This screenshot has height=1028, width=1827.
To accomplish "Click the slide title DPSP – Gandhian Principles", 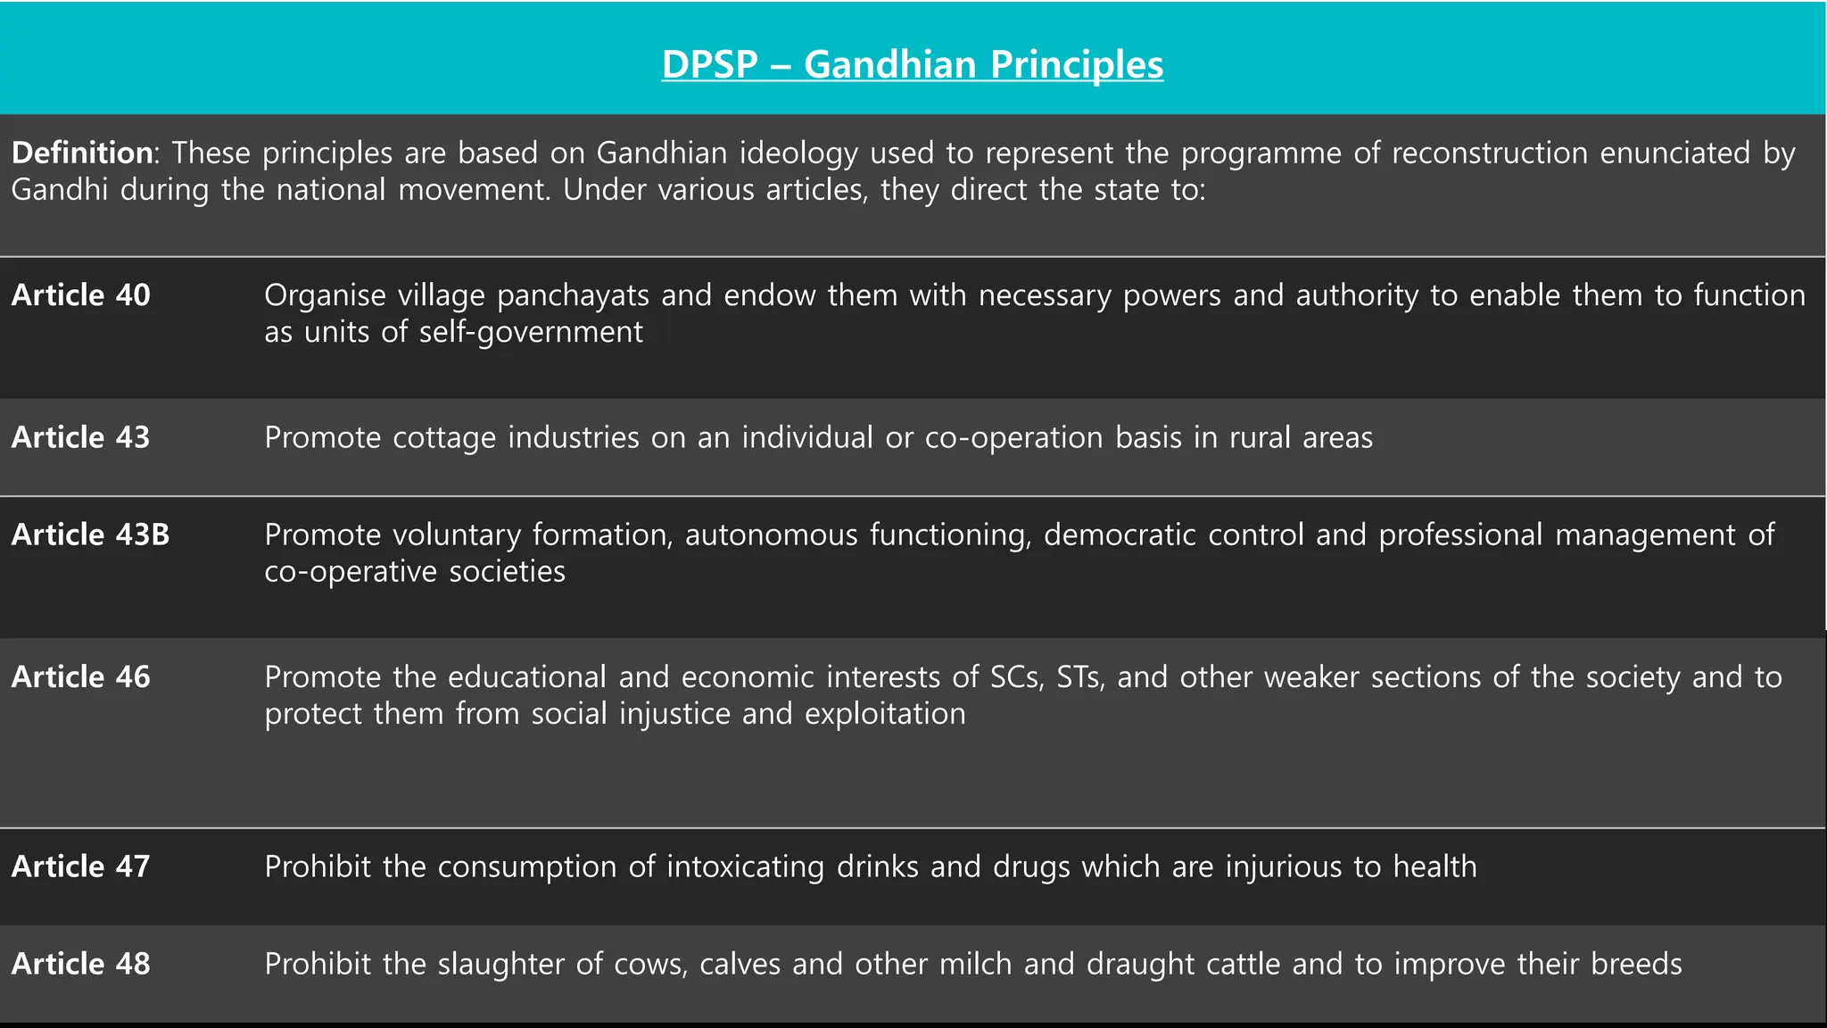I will (x=912, y=64).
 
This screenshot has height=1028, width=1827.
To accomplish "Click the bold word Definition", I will (x=81, y=153).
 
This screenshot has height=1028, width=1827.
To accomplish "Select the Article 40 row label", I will (x=81, y=294).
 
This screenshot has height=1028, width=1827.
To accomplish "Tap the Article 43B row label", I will (x=90, y=534).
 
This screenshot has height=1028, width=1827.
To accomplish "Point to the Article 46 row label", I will (x=81, y=676).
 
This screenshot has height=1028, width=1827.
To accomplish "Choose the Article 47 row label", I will (x=81, y=866).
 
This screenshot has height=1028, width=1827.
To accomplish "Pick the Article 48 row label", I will (x=81, y=963).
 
